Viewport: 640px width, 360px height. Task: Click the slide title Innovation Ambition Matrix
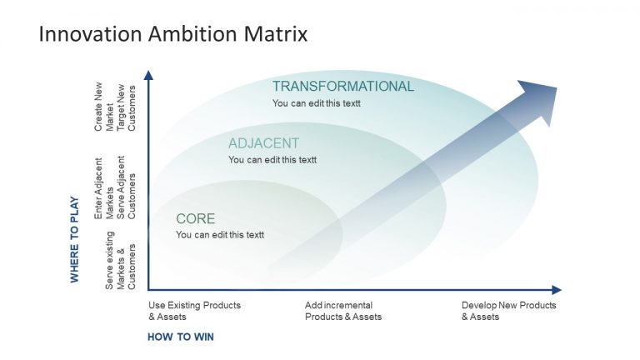click(173, 34)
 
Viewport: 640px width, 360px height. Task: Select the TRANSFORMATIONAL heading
click(342, 87)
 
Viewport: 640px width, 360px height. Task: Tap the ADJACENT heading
click(263, 143)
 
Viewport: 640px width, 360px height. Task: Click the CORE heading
click(195, 219)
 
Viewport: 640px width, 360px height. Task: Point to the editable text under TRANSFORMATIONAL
click(317, 103)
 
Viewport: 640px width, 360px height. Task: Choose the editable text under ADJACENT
click(272, 160)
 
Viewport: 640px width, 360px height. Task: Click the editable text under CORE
click(220, 235)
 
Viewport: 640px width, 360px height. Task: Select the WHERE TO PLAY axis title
click(75, 240)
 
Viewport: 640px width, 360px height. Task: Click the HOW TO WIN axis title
click(181, 337)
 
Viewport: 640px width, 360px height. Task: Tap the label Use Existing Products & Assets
click(193, 311)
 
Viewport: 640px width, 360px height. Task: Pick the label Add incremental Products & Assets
click(342, 311)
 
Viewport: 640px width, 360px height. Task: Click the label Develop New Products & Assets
click(508, 311)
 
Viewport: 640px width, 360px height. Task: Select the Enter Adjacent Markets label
click(103, 188)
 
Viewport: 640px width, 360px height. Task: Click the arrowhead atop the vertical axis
click(148, 75)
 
